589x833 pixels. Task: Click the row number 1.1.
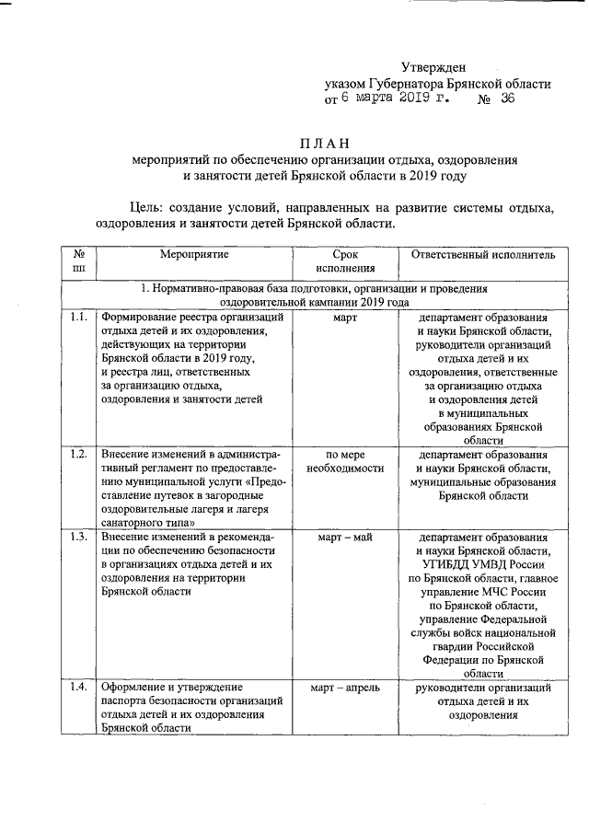point(79,318)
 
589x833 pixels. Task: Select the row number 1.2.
point(79,455)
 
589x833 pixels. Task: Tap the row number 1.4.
point(79,687)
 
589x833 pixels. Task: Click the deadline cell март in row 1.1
point(345,318)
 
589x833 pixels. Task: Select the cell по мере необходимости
point(345,461)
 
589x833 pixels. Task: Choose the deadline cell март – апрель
point(345,688)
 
